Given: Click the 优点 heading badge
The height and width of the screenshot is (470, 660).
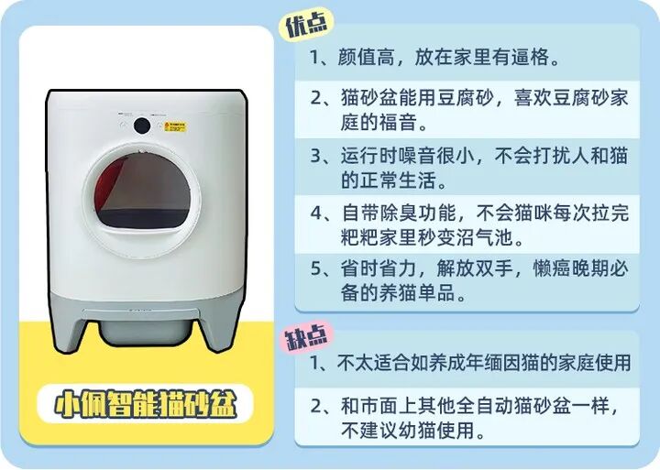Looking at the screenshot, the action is (307, 26).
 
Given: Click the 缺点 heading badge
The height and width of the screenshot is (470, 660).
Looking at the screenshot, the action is (307, 335).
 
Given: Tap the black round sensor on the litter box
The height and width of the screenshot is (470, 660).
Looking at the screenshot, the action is (142, 125).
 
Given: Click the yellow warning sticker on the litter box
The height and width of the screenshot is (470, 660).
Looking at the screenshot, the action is (175, 126).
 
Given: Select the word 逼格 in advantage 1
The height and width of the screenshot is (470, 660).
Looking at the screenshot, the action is (531, 57).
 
